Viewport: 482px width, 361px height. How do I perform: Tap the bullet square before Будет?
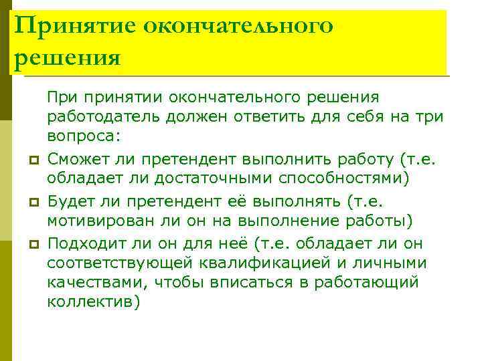click(32, 202)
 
